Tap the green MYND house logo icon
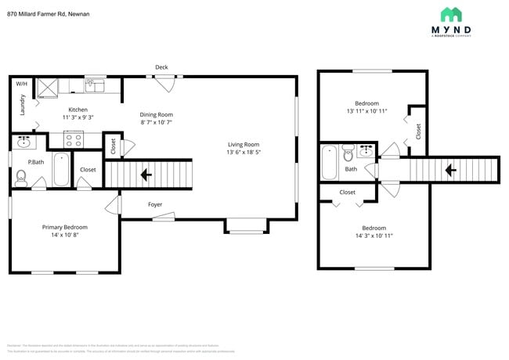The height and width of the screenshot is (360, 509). pos(450,14)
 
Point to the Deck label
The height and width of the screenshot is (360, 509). pos(161,67)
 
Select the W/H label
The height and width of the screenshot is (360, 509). pos(22,84)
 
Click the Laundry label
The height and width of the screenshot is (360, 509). pos(23,104)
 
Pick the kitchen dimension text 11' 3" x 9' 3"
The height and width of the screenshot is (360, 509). pos(78,117)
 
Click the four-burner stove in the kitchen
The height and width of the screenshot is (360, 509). pos(73,139)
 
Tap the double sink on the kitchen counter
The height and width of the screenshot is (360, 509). pos(96,85)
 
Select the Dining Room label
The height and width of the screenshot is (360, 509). pos(156,114)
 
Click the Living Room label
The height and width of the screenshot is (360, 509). pos(243,144)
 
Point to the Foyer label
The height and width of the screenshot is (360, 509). pos(156,204)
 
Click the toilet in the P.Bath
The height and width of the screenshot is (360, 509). pos(21,178)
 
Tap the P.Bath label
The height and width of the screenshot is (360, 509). pos(35,162)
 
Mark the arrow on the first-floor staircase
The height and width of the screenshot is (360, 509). pos(145,174)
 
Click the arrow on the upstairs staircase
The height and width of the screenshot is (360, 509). pos(450,169)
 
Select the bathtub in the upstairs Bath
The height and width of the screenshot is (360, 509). pos(329,163)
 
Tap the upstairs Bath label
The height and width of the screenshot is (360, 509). pos(351,169)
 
